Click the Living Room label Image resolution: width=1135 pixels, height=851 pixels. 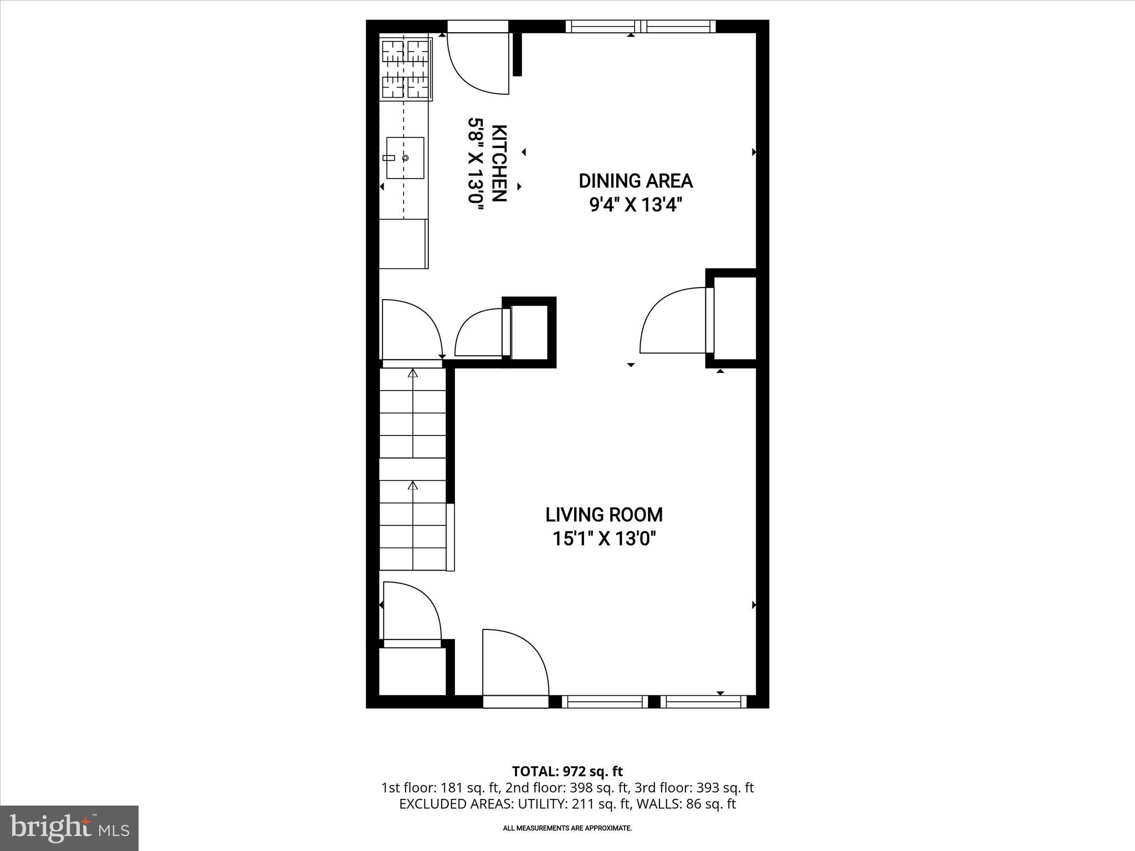(x=604, y=515)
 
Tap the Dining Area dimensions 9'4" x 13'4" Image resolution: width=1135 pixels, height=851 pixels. (x=635, y=206)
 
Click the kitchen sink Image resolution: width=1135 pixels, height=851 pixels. (x=405, y=158)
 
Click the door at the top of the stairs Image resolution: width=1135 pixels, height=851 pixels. (x=411, y=330)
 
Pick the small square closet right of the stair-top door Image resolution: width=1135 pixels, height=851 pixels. (x=529, y=332)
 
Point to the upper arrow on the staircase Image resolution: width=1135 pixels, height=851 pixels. (x=412, y=374)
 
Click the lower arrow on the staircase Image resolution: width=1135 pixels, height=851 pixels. (x=412, y=486)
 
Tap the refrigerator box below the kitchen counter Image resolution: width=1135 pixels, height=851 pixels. (x=403, y=244)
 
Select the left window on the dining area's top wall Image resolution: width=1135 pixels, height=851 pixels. (x=602, y=26)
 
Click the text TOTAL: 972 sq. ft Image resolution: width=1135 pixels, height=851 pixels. (x=567, y=771)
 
